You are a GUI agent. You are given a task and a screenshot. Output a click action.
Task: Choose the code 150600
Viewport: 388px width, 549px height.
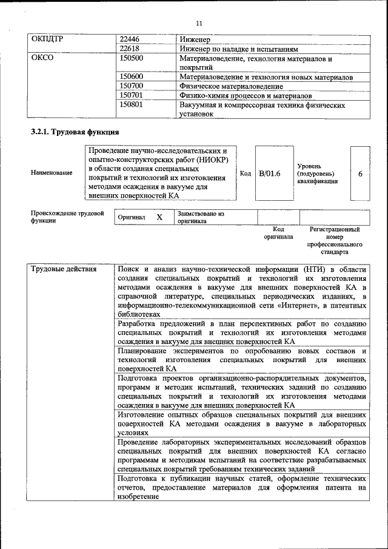[132, 77]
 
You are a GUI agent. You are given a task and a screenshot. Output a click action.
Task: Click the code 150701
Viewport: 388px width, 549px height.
[132, 95]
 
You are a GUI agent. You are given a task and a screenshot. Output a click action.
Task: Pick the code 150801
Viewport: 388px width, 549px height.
[132, 104]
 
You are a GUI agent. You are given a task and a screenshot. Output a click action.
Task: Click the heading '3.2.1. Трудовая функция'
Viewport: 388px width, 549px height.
[75, 132]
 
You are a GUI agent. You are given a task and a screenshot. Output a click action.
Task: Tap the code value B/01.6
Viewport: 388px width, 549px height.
[270, 173]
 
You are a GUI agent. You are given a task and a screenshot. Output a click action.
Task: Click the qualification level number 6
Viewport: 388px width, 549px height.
[360, 173]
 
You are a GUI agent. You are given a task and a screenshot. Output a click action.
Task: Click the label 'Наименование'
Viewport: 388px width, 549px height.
[52, 173]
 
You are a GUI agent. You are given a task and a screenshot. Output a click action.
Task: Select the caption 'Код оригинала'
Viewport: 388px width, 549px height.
[278, 233]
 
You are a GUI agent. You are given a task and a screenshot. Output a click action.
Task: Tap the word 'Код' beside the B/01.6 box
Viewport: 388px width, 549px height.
[246, 173]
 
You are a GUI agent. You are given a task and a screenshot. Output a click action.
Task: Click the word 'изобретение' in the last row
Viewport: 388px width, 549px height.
[139, 496]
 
